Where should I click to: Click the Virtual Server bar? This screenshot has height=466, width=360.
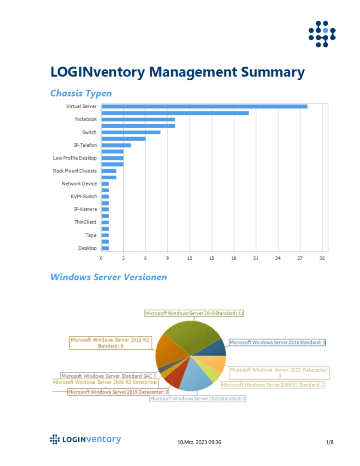(204, 106)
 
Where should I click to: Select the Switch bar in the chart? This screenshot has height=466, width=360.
(131, 132)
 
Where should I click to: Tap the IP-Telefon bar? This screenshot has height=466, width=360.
(116, 145)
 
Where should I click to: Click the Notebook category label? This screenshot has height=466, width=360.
(86, 120)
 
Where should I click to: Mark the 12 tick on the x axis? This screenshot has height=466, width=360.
(190, 258)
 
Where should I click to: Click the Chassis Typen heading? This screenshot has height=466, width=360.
(81, 93)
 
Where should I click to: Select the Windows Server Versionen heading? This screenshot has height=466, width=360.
(108, 277)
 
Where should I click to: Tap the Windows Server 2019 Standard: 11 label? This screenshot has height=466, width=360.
(195, 313)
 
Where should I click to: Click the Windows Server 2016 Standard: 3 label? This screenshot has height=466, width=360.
(277, 343)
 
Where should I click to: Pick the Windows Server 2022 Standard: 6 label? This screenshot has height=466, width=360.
(198, 398)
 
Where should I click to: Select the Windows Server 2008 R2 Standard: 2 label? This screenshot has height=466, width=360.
(273, 385)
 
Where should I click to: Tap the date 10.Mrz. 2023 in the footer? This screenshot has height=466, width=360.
(193, 442)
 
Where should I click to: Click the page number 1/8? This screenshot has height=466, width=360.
(330, 442)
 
